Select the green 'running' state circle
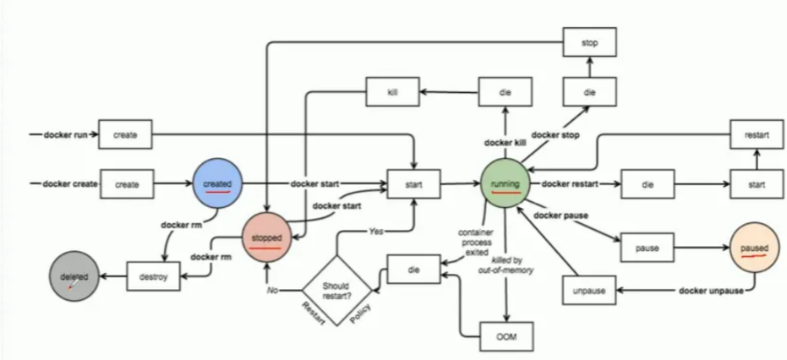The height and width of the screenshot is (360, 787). tap(506, 182)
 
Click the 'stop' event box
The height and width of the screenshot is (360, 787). tap(589, 40)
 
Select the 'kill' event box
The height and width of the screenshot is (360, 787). tap(392, 91)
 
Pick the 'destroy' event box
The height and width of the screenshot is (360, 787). tap(153, 275)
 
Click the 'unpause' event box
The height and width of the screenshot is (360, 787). tap(589, 290)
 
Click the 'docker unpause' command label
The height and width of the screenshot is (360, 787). tap(709, 290)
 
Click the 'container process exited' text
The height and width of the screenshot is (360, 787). tap(470, 243)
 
